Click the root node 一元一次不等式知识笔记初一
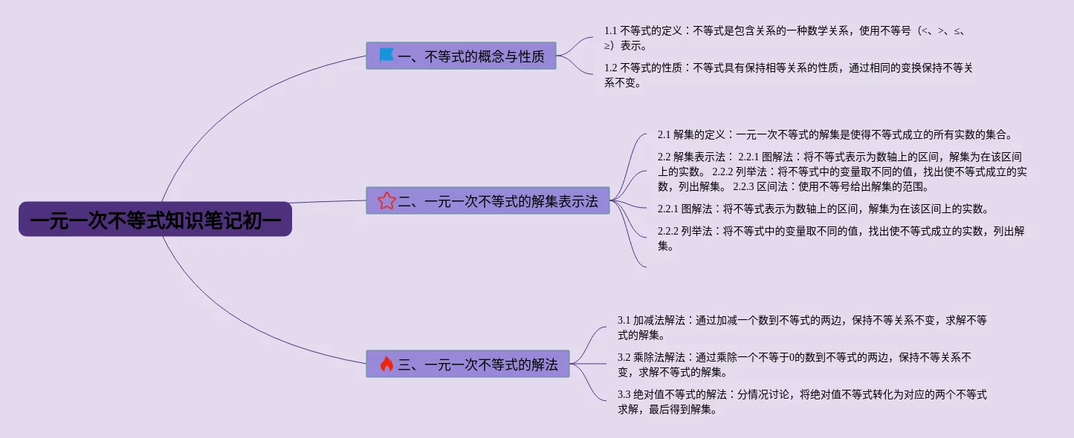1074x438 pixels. (x=155, y=219)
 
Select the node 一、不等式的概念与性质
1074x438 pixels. (x=461, y=56)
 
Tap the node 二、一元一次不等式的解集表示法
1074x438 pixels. (x=488, y=200)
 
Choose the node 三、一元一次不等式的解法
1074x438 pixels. (x=468, y=364)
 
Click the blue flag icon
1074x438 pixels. (x=386, y=56)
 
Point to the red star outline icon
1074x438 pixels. (x=386, y=200)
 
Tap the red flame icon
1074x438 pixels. (x=386, y=364)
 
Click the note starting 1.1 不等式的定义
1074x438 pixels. (x=784, y=38)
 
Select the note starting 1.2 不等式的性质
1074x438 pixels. (x=788, y=75)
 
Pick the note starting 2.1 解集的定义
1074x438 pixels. (x=835, y=134)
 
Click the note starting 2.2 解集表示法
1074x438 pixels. (x=841, y=171)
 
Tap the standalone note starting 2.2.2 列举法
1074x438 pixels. (x=841, y=238)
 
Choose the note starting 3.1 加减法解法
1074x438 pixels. (x=802, y=327)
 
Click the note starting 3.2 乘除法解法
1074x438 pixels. (x=795, y=365)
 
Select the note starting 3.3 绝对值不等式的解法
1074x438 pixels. (x=802, y=402)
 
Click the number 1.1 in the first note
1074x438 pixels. (x=611, y=31)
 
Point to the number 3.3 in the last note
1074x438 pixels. (x=624, y=395)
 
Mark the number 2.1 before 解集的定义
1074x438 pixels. (x=664, y=135)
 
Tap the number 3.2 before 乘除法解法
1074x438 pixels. (x=624, y=358)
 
